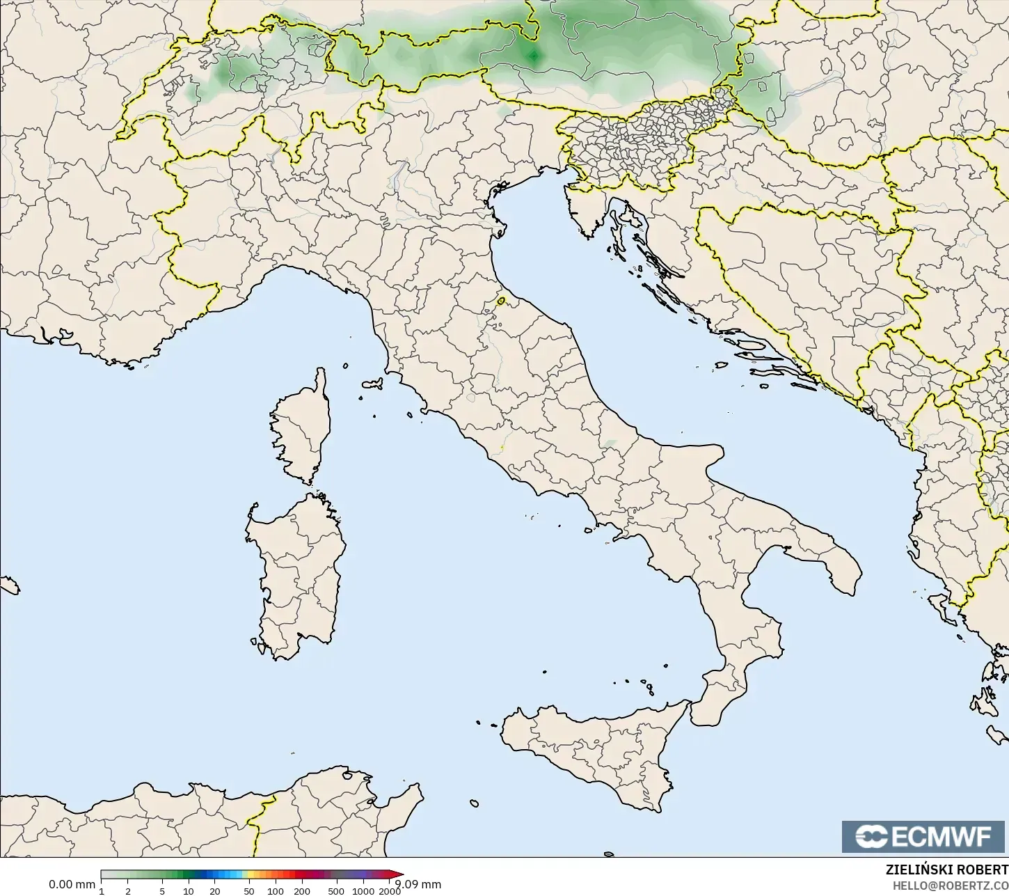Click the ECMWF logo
(925, 836)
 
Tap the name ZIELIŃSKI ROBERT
(946, 870)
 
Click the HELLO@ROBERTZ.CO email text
(951, 885)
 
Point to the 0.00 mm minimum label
(72, 884)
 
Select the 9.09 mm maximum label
(418, 884)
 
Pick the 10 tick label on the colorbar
(189, 891)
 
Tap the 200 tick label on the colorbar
(302, 891)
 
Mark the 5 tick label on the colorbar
(162, 891)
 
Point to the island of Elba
(372, 384)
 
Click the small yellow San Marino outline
(501, 301)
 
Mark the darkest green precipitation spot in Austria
(534, 56)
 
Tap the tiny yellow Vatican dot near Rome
(502, 446)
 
